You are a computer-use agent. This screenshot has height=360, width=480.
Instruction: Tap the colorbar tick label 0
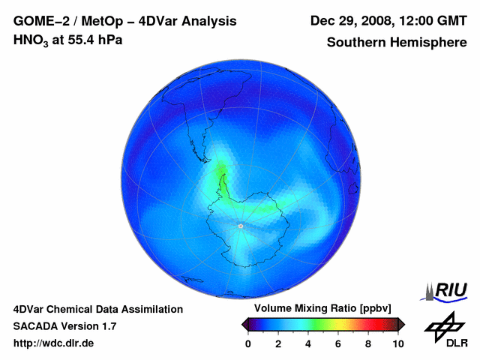[248, 343]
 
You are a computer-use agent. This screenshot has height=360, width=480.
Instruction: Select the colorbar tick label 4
[308, 343]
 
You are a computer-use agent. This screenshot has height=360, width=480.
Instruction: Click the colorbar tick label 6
[338, 343]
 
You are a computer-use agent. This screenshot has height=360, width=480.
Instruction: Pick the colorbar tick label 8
[368, 343]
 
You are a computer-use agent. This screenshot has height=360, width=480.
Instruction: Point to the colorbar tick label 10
[398, 343]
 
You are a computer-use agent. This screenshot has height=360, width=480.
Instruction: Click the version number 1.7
[107, 326]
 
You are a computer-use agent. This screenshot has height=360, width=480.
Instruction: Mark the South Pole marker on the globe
[240, 225]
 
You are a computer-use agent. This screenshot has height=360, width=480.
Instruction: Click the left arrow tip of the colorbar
[244, 324]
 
